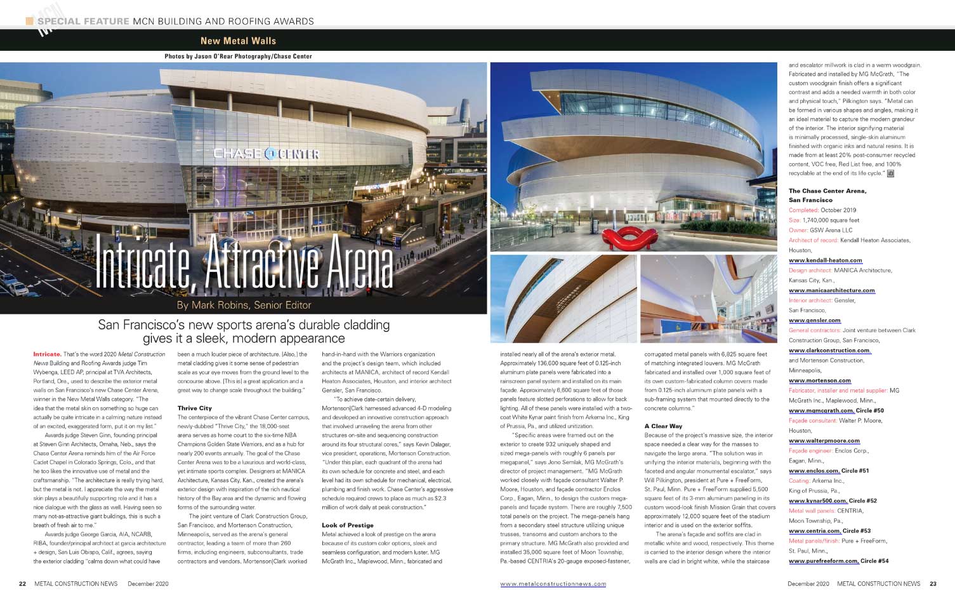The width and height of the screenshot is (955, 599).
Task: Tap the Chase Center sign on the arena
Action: [266, 154]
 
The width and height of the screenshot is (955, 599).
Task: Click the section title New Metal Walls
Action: [238, 41]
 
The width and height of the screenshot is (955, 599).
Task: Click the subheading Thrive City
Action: [195, 408]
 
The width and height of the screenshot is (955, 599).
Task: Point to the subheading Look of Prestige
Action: [347, 525]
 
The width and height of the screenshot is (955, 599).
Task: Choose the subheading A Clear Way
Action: [663, 426]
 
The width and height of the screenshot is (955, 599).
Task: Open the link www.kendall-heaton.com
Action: [825, 260]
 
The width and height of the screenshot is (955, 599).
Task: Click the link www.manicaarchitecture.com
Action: [831, 290]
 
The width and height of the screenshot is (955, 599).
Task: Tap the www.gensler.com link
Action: [814, 320]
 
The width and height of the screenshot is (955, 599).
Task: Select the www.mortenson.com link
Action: [820, 380]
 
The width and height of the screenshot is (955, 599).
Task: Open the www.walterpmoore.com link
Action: [824, 441]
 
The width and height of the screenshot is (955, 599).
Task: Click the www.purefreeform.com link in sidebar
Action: [823, 561]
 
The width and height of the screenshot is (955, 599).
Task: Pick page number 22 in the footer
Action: [22, 584]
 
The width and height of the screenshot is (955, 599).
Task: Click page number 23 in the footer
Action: [933, 584]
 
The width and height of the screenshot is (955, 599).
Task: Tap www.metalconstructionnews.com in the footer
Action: [553, 584]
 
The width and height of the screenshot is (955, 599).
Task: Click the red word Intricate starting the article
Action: [47, 354]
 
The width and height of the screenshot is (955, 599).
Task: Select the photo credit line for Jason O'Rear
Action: [238, 57]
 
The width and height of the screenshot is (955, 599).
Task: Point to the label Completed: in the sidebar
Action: [803, 210]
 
